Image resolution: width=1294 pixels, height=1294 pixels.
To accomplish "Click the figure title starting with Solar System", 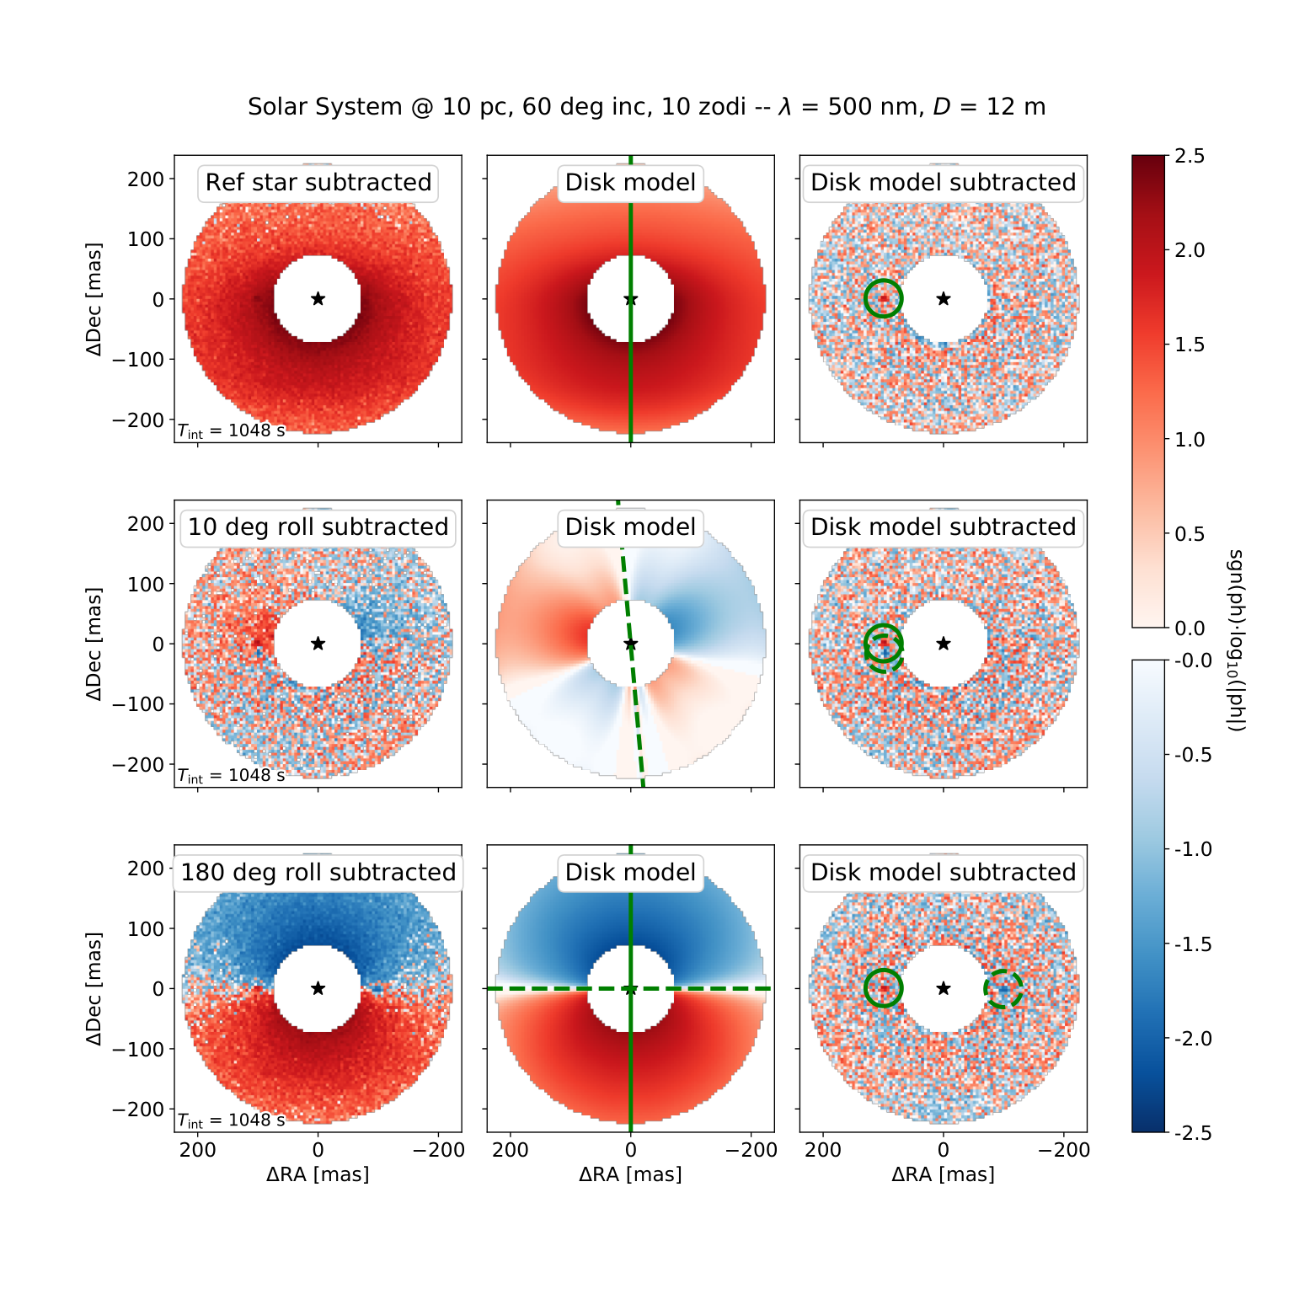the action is point(646,107).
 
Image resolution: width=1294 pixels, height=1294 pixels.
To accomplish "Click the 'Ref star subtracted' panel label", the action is point(318,183).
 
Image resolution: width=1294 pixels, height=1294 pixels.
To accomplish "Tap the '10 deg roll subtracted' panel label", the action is point(318,527).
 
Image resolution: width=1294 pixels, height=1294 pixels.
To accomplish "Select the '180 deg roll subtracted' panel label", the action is point(318,872).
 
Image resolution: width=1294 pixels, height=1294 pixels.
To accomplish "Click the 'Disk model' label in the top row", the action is point(631,183).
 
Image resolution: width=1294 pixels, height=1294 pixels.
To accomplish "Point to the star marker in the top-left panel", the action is point(318,298).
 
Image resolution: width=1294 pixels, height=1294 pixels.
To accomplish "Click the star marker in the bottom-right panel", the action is point(944,988).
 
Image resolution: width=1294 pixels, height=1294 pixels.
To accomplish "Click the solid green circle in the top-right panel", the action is point(883,281).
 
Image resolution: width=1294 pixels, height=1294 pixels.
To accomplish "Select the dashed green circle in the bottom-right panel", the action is point(1003,970).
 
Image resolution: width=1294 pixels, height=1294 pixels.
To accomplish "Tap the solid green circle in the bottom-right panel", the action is point(883,970).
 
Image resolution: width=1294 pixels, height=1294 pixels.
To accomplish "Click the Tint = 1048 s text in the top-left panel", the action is point(231,430).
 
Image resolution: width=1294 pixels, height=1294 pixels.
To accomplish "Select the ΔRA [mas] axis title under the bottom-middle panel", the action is point(630,1174).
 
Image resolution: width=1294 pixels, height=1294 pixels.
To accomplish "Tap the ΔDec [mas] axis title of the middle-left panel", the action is point(94,644).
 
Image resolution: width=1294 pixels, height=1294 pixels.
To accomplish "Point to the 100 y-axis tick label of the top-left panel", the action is point(146,238).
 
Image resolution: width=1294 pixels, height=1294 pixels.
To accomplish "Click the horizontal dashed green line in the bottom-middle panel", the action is point(631,988).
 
